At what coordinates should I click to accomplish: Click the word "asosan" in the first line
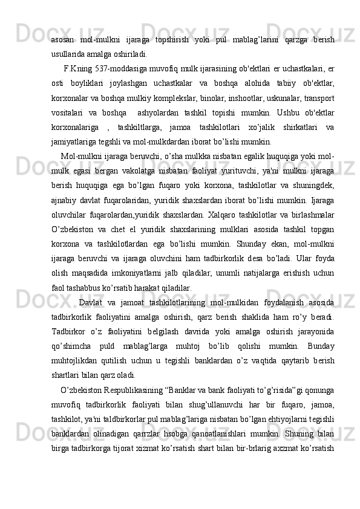point(63,39)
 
